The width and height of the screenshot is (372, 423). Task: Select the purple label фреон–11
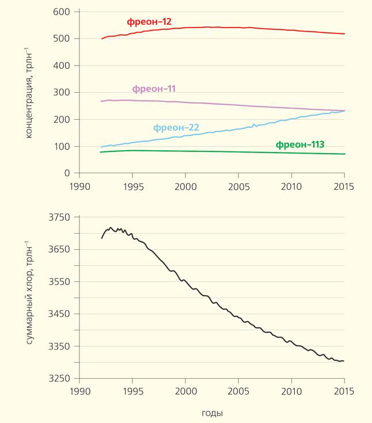154,89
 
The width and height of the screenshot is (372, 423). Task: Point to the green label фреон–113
300,144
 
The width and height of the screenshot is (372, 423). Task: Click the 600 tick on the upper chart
62,12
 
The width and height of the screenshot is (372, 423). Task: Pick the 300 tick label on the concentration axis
62,92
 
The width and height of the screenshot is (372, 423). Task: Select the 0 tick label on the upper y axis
67,173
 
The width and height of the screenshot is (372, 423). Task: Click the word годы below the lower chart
212,413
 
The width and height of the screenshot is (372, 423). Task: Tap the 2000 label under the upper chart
185,186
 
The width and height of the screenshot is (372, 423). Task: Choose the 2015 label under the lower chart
344,392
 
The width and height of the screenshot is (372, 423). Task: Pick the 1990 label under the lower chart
79,392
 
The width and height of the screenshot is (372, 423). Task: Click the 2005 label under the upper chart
238,186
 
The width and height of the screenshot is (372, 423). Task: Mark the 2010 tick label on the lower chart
291,392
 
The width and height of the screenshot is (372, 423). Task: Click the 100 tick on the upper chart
62,146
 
